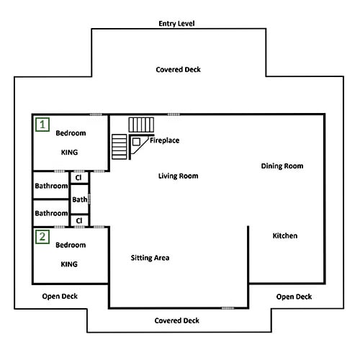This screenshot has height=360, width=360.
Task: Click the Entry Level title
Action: (176, 24)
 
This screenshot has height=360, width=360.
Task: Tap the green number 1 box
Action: (42, 125)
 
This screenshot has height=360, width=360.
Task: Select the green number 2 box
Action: (42, 237)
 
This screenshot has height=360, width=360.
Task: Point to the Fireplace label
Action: (165, 140)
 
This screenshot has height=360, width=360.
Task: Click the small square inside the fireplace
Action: (136, 142)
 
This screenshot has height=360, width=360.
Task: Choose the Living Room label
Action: (179, 176)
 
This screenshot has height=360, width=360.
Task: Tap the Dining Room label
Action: (282, 166)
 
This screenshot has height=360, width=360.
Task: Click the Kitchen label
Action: (285, 235)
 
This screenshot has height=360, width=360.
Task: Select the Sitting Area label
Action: (150, 258)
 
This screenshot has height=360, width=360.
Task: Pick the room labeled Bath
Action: (79, 199)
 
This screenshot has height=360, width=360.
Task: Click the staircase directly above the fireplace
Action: (141, 125)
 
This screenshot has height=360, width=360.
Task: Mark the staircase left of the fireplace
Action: (120, 147)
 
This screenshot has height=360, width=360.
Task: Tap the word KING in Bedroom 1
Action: (70, 153)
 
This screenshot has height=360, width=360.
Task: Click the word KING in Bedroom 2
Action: (69, 264)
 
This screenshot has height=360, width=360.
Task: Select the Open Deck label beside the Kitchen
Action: (294, 297)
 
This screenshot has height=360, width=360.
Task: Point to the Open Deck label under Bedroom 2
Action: (60, 297)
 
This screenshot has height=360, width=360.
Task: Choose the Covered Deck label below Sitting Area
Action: (177, 320)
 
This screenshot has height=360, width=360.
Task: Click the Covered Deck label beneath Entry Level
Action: (179, 70)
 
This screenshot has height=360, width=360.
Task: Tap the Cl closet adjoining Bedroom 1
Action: (79, 178)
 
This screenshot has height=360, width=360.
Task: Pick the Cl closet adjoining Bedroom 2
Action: (79, 220)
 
